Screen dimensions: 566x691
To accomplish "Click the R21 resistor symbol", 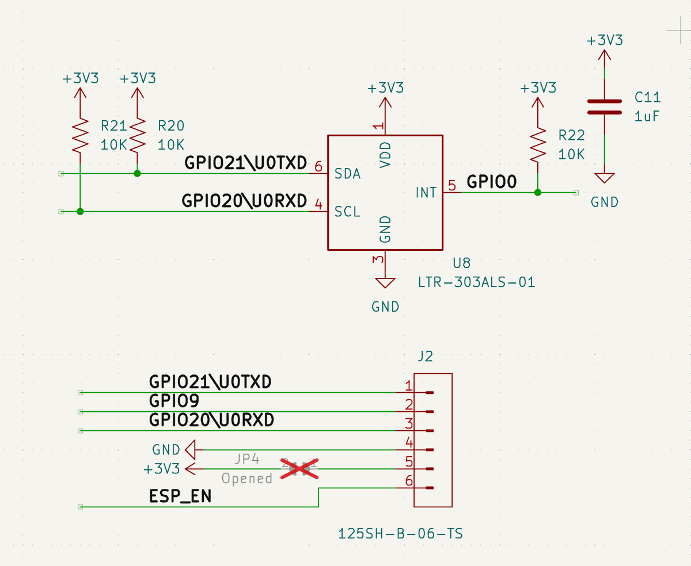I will click(x=80, y=135).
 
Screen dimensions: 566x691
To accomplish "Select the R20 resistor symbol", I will click(x=137, y=135).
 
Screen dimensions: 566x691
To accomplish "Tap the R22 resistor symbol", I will click(x=537, y=145).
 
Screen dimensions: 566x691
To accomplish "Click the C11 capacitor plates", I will click(x=604, y=107).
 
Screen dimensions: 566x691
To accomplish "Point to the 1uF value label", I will click(x=647, y=116).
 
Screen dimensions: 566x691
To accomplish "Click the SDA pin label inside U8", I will click(x=348, y=174).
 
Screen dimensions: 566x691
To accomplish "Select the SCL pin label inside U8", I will click(x=348, y=212).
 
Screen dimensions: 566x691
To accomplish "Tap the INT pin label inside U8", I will click(x=426, y=193).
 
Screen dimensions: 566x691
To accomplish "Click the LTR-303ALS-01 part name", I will click(x=477, y=282).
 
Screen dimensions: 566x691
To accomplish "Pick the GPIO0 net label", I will click(x=491, y=182).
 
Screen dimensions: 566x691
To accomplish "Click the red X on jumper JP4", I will click(x=299, y=468).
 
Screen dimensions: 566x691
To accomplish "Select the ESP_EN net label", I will click(x=180, y=496).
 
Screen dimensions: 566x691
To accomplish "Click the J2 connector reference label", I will click(x=425, y=357).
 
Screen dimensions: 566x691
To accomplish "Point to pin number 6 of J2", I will click(x=409, y=481).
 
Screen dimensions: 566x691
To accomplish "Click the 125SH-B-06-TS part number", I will click(x=401, y=534).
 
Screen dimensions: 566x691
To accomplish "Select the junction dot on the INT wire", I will click(x=537, y=193).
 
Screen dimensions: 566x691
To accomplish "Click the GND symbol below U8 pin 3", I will click(x=385, y=283).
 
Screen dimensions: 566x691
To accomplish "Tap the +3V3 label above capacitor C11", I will click(x=605, y=41).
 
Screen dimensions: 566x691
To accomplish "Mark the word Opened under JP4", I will click(x=247, y=479).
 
